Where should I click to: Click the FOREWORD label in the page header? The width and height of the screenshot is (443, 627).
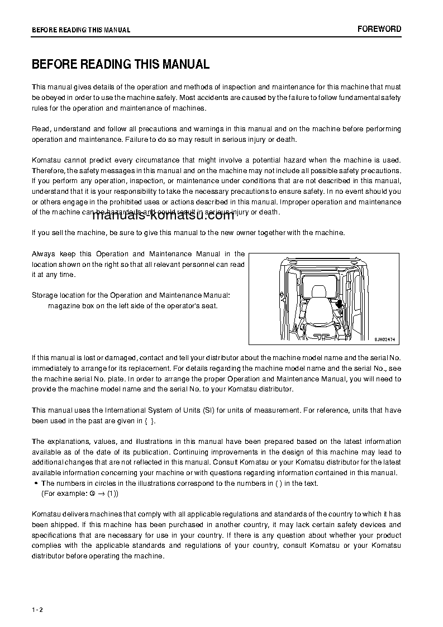tap(379, 29)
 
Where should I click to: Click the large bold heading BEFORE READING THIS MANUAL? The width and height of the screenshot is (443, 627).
tap(121, 64)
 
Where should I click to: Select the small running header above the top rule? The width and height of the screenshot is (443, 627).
tap(81, 30)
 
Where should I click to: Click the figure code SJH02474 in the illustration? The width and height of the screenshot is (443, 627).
tap(385, 339)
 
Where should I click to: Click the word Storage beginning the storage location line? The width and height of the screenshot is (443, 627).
tap(45, 295)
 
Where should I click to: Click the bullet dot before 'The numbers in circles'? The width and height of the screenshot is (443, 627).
tap(36, 484)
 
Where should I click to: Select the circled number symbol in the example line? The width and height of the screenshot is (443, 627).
tap(91, 494)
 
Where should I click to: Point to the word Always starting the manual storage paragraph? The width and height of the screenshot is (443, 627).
tap(44, 253)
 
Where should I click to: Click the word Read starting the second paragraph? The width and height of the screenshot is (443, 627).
tap(40, 129)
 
